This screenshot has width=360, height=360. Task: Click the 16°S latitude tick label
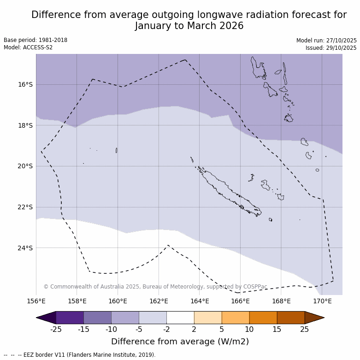(25, 84)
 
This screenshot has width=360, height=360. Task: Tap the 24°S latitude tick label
(25, 248)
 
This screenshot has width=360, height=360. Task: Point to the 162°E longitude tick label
(159, 301)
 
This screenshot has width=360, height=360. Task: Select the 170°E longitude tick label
(322, 301)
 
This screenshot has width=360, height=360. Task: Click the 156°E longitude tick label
(36, 301)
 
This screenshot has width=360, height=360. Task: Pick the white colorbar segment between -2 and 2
(180, 318)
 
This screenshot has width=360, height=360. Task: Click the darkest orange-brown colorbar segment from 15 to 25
(290, 318)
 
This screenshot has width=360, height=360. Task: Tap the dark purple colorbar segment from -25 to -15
(70, 318)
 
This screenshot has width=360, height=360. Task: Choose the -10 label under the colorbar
(111, 329)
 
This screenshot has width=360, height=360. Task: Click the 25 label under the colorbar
(305, 329)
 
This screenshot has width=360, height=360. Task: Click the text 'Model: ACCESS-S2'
(28, 47)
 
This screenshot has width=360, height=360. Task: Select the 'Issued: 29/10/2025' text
(330, 48)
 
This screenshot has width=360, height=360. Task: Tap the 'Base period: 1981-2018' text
(35, 40)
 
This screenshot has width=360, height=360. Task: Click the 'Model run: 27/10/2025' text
(326, 41)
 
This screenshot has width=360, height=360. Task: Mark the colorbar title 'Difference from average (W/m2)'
(180, 342)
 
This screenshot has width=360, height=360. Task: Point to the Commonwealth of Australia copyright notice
(155, 287)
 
